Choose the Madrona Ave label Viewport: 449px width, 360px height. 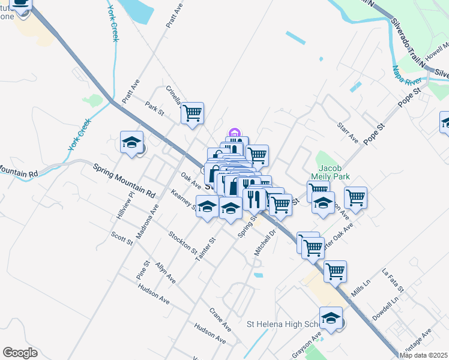pos(147,221)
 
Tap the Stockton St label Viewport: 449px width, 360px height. pos(182,242)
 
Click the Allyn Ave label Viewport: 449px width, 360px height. pos(165,272)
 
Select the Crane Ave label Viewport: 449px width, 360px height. pos(220,319)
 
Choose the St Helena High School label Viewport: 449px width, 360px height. pos(286,325)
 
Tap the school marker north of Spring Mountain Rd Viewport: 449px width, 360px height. pos(131,142)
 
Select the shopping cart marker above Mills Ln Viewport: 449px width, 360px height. pos(335,271)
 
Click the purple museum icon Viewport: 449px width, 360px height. pos(234,133)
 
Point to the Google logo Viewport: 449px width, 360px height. pos(20,353)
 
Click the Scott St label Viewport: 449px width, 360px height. pos(121,238)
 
